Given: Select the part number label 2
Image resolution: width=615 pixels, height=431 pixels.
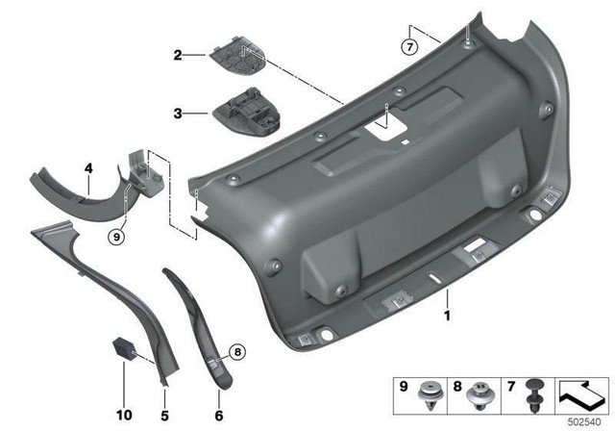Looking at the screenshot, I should coord(177,55).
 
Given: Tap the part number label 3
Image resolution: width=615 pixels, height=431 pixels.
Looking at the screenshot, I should coord(177,114).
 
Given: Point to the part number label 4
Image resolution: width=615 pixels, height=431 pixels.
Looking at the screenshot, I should coord(88,167).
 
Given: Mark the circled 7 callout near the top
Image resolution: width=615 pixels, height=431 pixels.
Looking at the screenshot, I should coord(410,45).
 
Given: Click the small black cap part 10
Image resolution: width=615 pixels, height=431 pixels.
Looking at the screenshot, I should coord(124,348).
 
